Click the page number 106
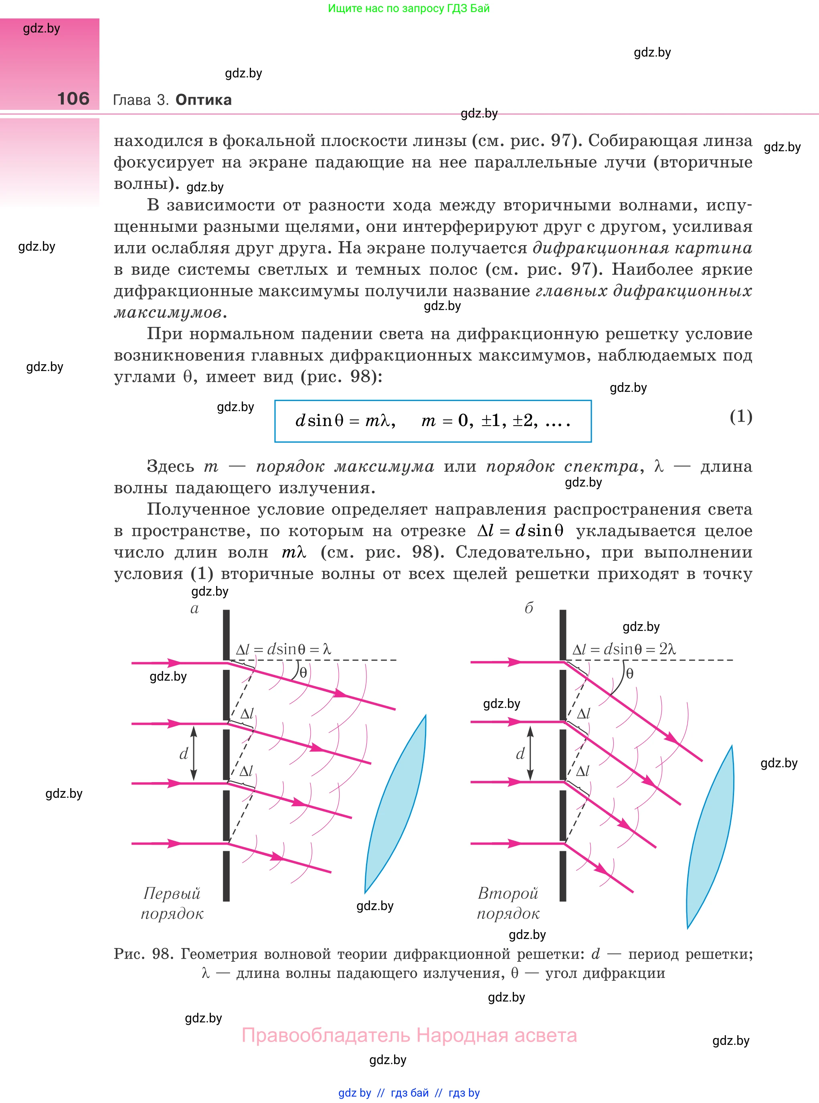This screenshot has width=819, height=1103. (73, 99)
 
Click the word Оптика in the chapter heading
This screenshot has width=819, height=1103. (203, 100)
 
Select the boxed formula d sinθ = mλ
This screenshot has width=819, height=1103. (433, 421)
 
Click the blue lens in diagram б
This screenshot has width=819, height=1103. (710, 838)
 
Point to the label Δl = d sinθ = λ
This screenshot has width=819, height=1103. (283, 649)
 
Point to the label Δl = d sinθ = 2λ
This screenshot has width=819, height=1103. (624, 649)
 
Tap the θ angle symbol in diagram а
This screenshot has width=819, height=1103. (303, 673)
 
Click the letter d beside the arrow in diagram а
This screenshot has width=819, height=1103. (184, 754)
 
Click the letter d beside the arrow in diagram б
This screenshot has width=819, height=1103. (520, 754)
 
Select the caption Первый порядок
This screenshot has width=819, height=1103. (172, 903)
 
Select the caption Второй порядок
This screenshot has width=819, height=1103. (508, 903)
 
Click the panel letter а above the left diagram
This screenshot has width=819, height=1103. (194, 608)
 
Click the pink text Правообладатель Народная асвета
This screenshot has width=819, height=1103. (409, 1036)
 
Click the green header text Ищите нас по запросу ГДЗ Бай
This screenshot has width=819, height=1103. (408, 8)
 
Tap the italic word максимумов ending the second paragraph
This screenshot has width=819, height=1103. (168, 312)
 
